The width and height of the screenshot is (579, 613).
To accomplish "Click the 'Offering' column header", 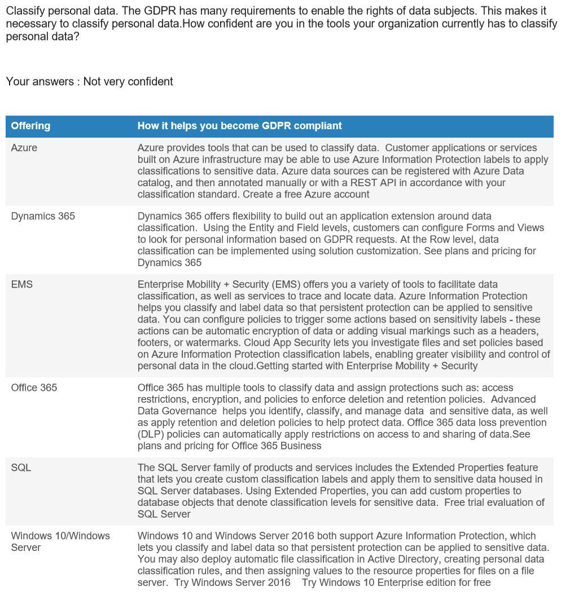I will pos(30,126).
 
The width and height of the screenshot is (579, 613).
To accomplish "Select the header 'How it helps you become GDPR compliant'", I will pos(239,126).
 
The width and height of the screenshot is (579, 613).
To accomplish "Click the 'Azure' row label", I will pos(24,148).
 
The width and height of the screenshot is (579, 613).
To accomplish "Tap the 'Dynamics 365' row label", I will pos(43,216).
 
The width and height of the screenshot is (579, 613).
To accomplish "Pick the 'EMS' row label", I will pos(22,285).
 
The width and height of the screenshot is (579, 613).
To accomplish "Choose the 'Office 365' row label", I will pos(34,387).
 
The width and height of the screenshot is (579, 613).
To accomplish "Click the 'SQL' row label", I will pos(21,468).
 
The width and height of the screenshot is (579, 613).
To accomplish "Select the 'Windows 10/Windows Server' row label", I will pos(60,541).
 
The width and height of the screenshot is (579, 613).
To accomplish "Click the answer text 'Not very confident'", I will pos(128,82).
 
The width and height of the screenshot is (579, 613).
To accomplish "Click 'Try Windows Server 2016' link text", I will pos(233,582).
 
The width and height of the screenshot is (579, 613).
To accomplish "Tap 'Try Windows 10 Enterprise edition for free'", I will pos(396,582).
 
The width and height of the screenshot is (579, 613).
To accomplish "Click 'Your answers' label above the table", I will pos(39,82).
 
